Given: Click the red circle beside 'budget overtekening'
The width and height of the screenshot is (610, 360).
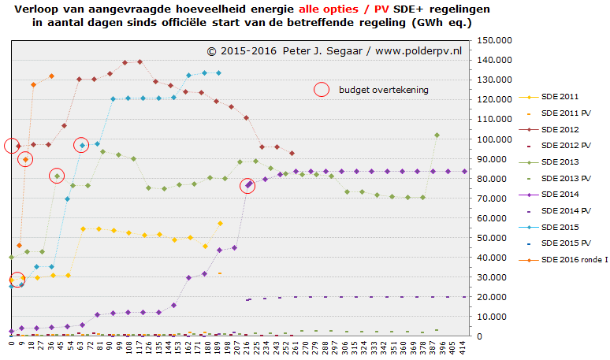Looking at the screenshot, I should pos(321,90).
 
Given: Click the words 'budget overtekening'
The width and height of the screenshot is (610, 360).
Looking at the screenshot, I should pos(384,90).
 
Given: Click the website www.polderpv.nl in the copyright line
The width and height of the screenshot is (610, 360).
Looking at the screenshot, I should pos(418,51).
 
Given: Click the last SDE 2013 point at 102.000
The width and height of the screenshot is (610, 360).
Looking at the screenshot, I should pos(437,135).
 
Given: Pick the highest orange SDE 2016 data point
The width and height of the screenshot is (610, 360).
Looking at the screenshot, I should pos(51,76).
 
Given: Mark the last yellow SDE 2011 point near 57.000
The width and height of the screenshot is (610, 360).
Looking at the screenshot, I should pos(220,223).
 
